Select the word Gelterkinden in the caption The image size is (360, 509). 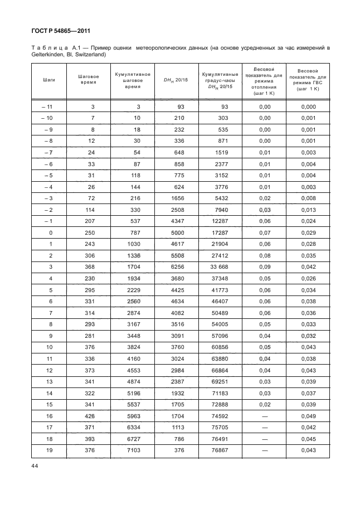(x=47, y=55)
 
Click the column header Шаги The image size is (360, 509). (x=48, y=80)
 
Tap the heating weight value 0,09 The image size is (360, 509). (x=265, y=266)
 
